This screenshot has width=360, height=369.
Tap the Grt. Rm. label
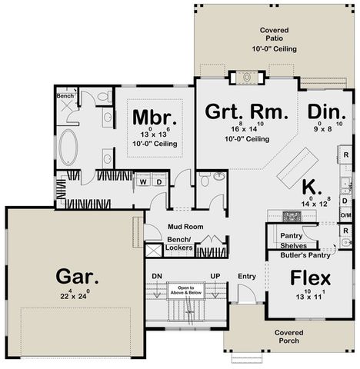click(x=247, y=111)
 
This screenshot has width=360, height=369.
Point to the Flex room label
click(x=310, y=277)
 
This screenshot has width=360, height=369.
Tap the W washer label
click(x=142, y=181)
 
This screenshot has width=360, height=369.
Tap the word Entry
click(x=247, y=276)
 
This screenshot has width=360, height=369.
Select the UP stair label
click(x=216, y=276)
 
